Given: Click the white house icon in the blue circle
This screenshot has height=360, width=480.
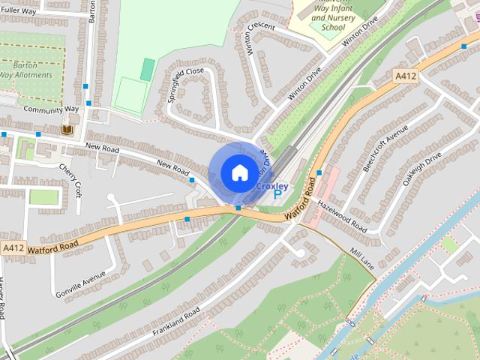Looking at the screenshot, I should click(238, 172).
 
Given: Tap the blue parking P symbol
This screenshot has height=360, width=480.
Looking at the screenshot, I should click(277, 193).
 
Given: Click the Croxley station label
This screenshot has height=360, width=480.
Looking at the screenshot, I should click(271, 184).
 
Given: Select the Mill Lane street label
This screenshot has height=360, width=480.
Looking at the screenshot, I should click(361, 257).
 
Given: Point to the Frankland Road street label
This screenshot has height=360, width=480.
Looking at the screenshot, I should click(176, 322).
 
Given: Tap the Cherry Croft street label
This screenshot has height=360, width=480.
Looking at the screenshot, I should click(73, 178).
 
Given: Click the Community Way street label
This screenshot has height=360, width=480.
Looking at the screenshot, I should click(51, 109).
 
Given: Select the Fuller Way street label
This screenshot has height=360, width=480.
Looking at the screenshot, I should click(19, 11).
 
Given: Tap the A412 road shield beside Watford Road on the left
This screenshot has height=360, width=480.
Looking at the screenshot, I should click(13, 247).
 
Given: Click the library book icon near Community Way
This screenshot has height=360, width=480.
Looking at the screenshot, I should click(66, 130).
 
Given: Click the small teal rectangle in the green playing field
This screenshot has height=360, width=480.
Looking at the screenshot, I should click(148, 70).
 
